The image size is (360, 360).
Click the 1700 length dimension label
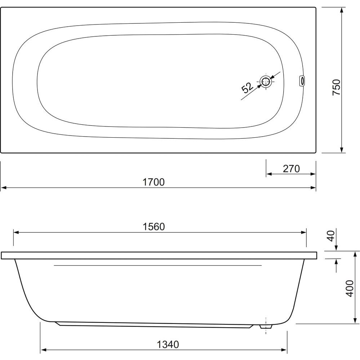pos(154,182)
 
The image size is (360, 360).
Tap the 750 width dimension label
pos(337,87)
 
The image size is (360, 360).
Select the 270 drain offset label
pos(292,169)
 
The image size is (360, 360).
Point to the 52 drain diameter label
pos(248,88)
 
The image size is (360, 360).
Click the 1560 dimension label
pos(154,227)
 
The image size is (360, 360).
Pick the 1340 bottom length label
pos(168,345)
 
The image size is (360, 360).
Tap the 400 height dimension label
pos(350,288)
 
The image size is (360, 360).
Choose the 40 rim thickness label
pos(331,236)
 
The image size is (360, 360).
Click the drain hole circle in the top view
pos(266,81)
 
